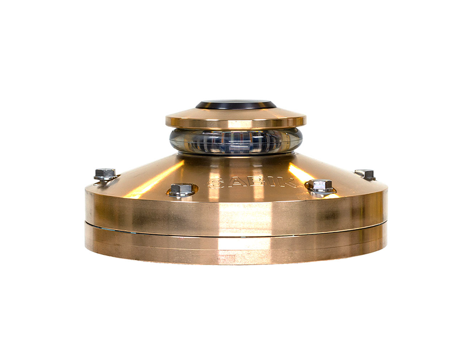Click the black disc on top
(x=235, y=104)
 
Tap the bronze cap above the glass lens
(x=235, y=119)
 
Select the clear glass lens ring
(x=235, y=141)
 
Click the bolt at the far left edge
(x=106, y=174)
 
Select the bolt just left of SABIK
(x=181, y=190)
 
